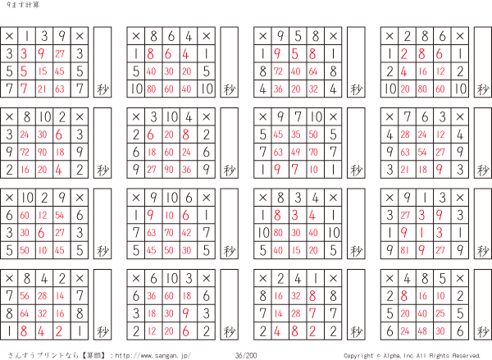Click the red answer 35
[295, 134]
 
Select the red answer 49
[295, 153]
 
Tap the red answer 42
[186, 233]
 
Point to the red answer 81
[405, 250]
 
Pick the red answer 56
[25, 296]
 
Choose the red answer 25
[440, 313]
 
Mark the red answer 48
[422, 330]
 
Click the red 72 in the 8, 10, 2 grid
[25, 153]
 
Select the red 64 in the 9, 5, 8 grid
[313, 71]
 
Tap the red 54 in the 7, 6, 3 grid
[422, 153]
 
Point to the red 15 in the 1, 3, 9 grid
[43, 71]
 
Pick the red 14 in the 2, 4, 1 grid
[278, 313]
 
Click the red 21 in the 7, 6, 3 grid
[405, 170]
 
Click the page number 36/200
[246, 355]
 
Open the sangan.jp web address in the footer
[153, 356]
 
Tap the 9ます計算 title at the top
[23, 5]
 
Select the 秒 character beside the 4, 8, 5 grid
[483, 331]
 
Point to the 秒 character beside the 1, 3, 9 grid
[102, 89]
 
